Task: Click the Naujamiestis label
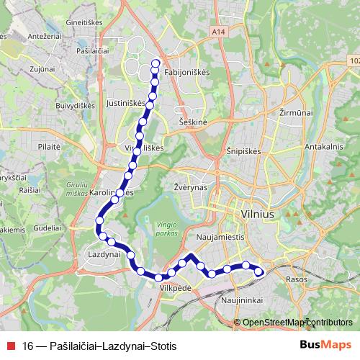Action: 221,235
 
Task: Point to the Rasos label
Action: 296,279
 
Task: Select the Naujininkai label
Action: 239,300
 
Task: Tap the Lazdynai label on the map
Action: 102,255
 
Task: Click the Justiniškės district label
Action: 125,103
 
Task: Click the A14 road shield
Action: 220,32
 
